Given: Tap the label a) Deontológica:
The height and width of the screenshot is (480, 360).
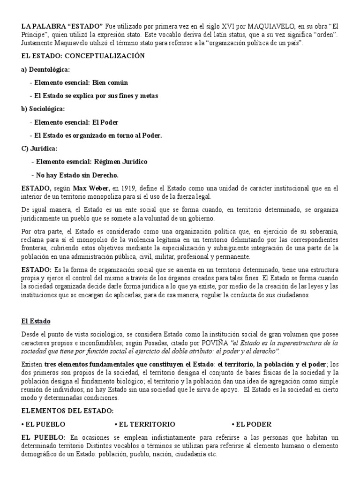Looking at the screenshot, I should pyautogui.click(x=45, y=69).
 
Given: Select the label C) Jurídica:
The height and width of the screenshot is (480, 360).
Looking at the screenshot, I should pyautogui.click(x=39, y=149).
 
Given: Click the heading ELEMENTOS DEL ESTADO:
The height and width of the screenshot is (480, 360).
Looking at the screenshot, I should pyautogui.click(x=67, y=411).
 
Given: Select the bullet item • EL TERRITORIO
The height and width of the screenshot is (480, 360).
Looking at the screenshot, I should pyautogui.click(x=145, y=424).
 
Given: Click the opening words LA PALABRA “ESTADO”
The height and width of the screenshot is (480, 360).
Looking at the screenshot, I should pyautogui.click(x=62, y=23).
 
